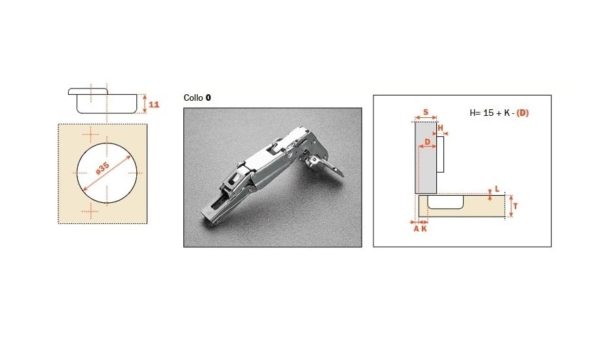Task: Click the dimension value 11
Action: pos(154,105)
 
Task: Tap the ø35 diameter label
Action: pos(102,168)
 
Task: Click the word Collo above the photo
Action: pos(193,98)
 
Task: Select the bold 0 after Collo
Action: pos(208,98)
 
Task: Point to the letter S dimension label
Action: pos(426,113)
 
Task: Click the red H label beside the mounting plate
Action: pos(440,128)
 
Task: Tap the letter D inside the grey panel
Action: pos(428,141)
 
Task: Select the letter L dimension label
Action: pos(497,189)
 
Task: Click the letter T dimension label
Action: pos(516,206)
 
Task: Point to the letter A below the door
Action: pos(417,229)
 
